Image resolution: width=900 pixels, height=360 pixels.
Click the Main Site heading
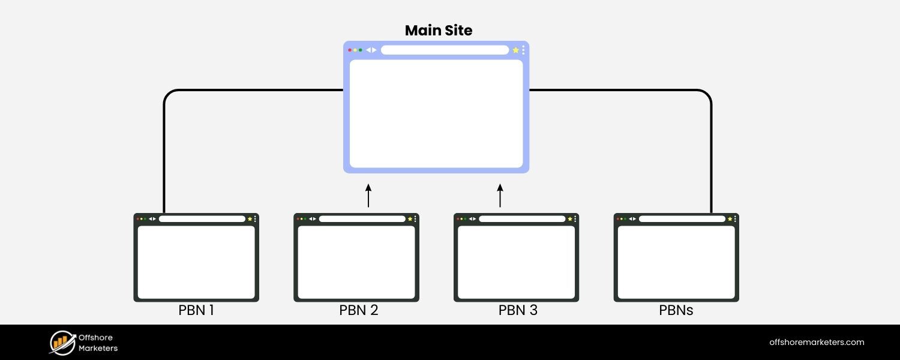tap(439, 31)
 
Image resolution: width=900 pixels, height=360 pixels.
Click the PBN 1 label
tap(196, 311)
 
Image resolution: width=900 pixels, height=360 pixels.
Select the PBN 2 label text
tap(358, 311)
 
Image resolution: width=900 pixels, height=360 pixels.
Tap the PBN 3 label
tap(518, 311)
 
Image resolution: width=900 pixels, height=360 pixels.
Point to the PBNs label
tap(676, 311)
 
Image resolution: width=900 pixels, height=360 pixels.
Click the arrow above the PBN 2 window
tap(368, 196)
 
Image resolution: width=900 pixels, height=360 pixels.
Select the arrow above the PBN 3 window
tap(500, 196)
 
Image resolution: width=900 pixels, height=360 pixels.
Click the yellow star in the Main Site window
tap(515, 50)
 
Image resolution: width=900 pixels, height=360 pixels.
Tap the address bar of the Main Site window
tap(445, 50)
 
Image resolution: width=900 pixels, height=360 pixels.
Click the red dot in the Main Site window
tap(350, 50)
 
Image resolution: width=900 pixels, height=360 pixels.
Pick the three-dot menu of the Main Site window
tap(523, 50)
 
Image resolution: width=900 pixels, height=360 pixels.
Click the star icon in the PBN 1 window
tap(250, 219)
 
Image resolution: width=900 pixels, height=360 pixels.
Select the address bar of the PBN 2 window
tap(362, 219)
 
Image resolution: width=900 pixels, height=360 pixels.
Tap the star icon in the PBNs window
tap(730, 219)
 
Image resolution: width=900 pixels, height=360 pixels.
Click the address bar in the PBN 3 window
tap(522, 219)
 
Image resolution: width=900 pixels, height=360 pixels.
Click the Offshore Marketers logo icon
tap(61, 342)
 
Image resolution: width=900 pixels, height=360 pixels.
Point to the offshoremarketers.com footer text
tap(817, 342)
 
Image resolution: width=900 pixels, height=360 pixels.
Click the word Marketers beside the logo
tap(98, 348)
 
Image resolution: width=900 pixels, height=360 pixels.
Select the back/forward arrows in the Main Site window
tap(371, 50)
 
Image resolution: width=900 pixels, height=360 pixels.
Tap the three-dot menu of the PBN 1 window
tap(255, 219)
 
